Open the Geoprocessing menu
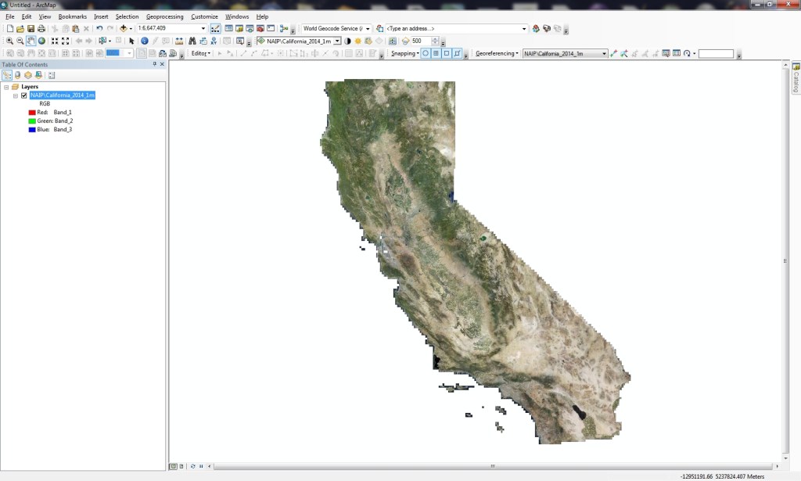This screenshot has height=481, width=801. [x=164, y=16]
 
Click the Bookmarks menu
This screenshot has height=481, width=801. [x=73, y=16]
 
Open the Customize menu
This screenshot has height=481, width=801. [x=204, y=16]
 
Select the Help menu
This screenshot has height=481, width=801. [x=262, y=16]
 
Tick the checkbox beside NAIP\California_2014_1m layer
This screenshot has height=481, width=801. [x=24, y=95]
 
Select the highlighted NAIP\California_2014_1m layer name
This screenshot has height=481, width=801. [x=63, y=95]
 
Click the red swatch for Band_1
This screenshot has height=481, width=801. [x=32, y=113]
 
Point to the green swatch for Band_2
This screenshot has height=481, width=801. [x=32, y=121]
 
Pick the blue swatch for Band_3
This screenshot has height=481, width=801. [x=32, y=130]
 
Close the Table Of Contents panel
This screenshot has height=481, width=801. [x=161, y=65]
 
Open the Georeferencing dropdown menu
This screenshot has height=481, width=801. [x=497, y=54]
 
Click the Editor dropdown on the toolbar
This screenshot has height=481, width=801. [x=201, y=54]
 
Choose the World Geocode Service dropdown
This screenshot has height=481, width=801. [x=336, y=29]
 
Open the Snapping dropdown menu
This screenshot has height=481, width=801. [x=405, y=54]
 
